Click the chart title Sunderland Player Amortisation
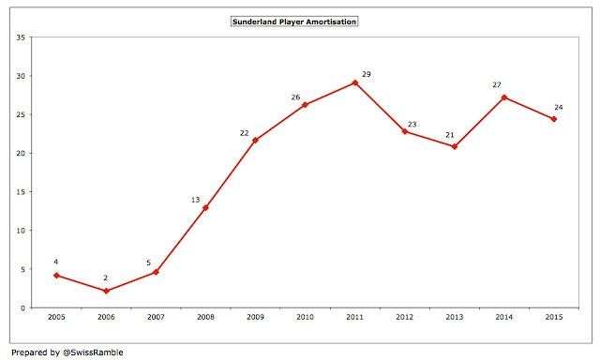294,22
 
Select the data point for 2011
355,82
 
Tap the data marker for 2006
106,292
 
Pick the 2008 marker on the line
205,208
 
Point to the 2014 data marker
504,97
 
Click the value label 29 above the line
367,74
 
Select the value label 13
196,200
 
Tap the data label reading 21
450,135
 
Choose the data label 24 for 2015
559,108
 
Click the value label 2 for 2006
106,278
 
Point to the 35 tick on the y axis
21,37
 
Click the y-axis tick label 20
21,154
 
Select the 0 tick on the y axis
22,308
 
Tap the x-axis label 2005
56,317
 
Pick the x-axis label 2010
305,317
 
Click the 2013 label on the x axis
454,317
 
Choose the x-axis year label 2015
554,317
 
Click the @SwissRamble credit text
93,352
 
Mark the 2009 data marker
255,141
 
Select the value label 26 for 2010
295,97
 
